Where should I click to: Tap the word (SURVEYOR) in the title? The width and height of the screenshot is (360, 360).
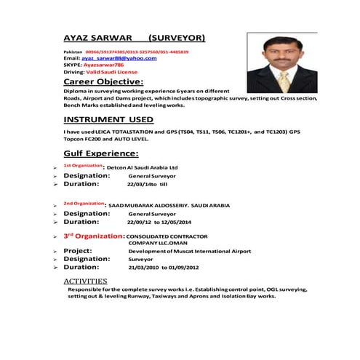coord(176,36)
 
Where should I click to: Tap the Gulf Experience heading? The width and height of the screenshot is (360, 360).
coord(101,153)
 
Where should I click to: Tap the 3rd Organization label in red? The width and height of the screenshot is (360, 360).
coord(94,236)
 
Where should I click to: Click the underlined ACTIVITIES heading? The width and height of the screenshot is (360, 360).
coord(85,280)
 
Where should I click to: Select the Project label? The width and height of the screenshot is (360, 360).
coord(81,250)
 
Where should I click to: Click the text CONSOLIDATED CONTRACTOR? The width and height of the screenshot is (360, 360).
coord(167,236)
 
